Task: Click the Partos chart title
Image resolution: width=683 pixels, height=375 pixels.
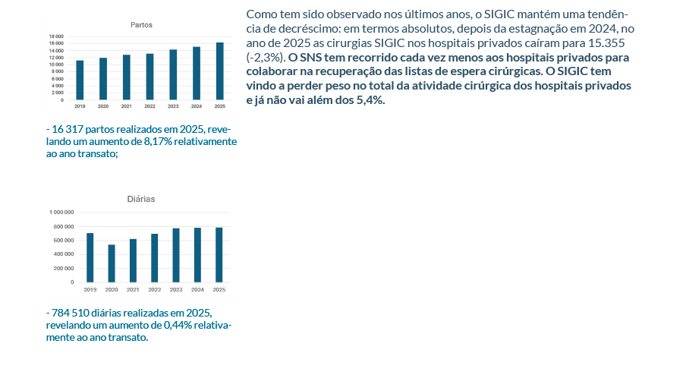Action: pyautogui.click(x=141, y=24)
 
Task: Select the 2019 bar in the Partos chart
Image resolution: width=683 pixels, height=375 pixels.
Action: pyautogui.click(x=80, y=80)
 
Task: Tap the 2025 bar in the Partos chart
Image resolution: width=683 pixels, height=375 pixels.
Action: pyautogui.click(x=220, y=71)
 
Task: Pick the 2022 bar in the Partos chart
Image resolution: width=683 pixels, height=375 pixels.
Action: pyautogui.click(x=150, y=77)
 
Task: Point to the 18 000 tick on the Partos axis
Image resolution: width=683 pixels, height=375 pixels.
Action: pyautogui.click(x=57, y=36)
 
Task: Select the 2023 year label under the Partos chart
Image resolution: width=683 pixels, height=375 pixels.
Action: pyautogui.click(x=173, y=106)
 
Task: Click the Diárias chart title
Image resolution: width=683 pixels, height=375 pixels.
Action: pyautogui.click(x=140, y=199)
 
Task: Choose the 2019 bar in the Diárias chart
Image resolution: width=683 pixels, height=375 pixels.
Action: pyautogui.click(x=90, y=257)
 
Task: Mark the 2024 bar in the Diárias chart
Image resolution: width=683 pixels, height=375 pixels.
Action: pyautogui.click(x=197, y=255)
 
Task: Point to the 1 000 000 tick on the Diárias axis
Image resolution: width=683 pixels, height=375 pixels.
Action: pyautogui.click(x=61, y=213)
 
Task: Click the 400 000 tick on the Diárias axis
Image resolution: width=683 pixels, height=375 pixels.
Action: pyautogui.click(x=62, y=254)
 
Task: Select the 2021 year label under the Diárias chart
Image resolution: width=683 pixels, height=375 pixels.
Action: pyautogui.click(x=133, y=290)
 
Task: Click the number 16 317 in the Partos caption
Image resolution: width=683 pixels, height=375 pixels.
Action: pyautogui.click(x=68, y=129)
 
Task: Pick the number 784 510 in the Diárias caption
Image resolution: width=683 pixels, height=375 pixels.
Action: pyautogui.click(x=69, y=314)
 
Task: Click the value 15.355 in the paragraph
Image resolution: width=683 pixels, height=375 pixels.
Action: pyautogui.click(x=600, y=43)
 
